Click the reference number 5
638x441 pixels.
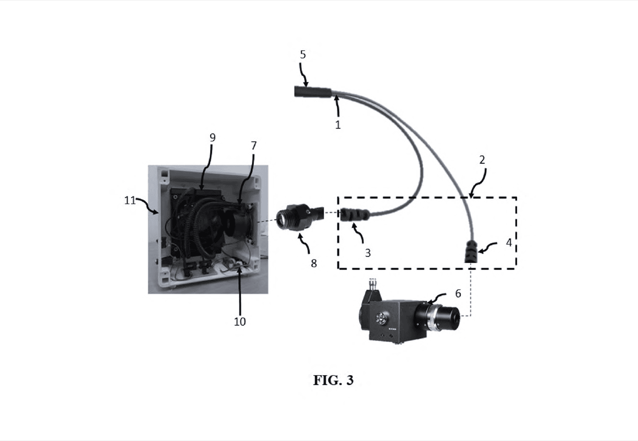tap(303, 55)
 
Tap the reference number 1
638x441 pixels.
tap(338, 124)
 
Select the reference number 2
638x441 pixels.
tap(482, 160)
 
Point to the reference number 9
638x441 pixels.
tap(213, 138)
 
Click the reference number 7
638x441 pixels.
tap(253, 146)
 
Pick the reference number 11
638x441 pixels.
tap(130, 201)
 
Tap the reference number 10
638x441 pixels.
tap(240, 322)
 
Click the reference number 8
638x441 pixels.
tap(313, 263)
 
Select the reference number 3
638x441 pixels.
tap(368, 253)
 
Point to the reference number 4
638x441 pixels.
tap(509, 243)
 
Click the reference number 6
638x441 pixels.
tap(458, 293)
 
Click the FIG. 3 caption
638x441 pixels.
tap(333, 380)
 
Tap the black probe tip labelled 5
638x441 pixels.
tap(313, 92)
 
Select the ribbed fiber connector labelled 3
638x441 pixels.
tap(355, 214)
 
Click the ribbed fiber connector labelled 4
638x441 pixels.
tap(471, 251)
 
